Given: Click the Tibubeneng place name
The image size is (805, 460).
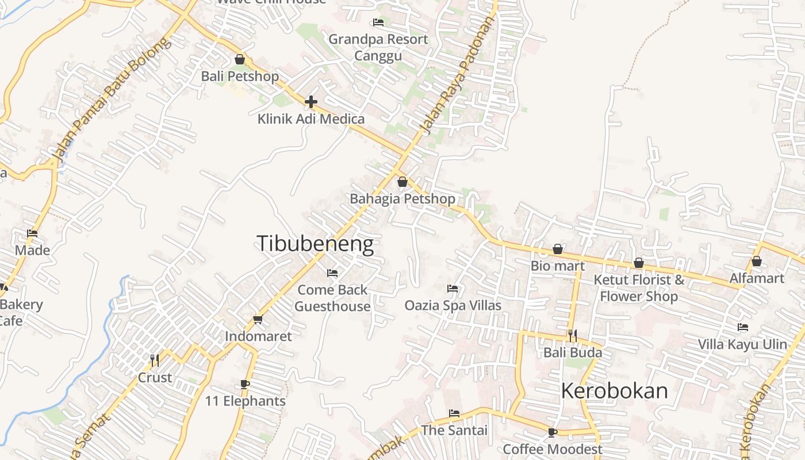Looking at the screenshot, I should click(x=315, y=244).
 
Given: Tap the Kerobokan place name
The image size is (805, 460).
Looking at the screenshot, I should click(x=614, y=391).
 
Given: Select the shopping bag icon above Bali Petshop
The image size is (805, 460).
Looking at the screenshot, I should click(x=240, y=59).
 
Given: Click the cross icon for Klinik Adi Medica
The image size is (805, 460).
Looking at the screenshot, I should click(x=311, y=102).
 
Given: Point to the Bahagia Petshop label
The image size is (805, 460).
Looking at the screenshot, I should click(x=402, y=199).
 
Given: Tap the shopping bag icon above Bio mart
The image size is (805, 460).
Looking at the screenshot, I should click(x=557, y=249).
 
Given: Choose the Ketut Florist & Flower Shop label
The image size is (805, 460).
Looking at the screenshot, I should click(x=639, y=288).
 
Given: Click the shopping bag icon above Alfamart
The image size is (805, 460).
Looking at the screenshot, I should click(x=757, y=262).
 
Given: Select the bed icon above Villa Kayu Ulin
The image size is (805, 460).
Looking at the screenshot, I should click(x=743, y=328).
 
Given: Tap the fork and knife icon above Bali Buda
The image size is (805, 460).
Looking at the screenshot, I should click(x=573, y=336).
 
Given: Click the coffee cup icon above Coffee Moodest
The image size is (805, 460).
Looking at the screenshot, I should click(x=553, y=432).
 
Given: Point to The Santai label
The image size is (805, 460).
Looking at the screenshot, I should click(x=454, y=430).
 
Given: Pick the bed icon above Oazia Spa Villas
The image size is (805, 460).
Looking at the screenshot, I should click(x=453, y=289).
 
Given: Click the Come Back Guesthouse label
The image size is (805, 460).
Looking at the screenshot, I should click(x=332, y=298).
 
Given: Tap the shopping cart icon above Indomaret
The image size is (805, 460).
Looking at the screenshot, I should click(x=258, y=320).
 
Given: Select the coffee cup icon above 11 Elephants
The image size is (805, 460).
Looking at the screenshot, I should click(x=245, y=384).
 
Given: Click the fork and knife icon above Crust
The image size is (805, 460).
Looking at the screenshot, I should click(x=155, y=361).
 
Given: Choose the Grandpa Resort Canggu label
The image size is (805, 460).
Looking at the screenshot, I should click(x=378, y=47).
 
